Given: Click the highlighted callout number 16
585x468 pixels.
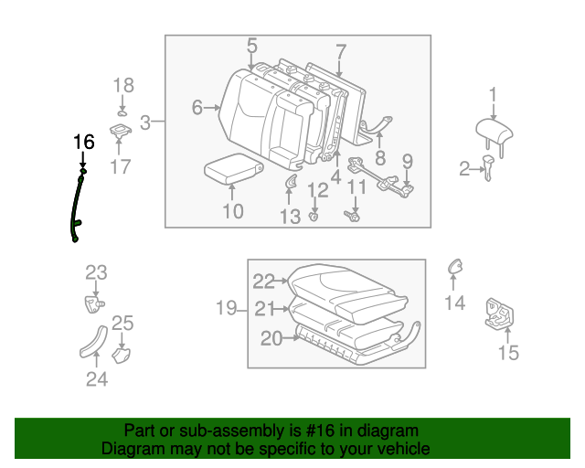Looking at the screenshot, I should pos(83,142).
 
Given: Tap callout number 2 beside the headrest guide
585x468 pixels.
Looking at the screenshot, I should pos(464,167).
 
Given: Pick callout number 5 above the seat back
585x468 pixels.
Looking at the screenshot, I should pos(251,45).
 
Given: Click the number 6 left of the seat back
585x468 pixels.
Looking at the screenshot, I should pos(197,108).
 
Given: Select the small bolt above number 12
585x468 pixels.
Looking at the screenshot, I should pos(314,216).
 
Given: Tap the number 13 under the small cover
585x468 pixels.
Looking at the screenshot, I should pos(290,216).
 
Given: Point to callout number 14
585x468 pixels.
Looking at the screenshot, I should pos(454,303).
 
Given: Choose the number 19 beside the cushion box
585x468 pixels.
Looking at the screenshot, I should pos(226,308).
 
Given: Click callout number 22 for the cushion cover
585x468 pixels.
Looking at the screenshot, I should pos(264,282).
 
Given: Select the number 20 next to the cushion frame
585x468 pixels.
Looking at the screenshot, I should pos(271,338).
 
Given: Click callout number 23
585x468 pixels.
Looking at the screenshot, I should pos(96,272).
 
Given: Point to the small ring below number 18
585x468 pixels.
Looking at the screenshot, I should pos(122,112).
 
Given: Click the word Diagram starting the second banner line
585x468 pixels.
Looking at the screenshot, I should pos(129,450).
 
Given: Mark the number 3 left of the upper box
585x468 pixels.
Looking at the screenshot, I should pos(145,122).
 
